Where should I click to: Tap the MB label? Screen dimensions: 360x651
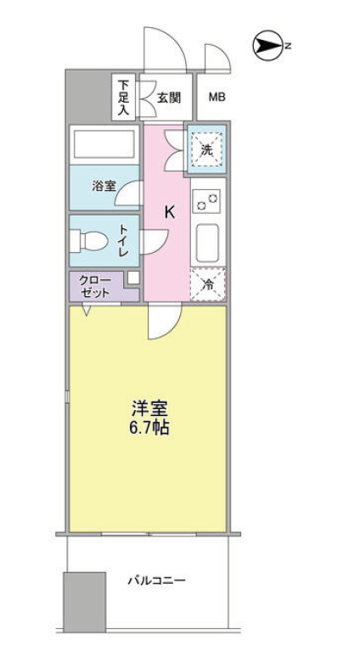(217, 98)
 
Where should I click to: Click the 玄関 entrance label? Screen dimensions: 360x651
(169, 98)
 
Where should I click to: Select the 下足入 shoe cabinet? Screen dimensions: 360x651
(123, 97)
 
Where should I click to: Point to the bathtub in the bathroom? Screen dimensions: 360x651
(104, 144)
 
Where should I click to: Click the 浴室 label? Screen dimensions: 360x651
(104, 187)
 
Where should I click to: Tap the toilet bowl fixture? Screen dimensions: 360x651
(89, 240)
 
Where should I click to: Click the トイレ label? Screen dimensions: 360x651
(124, 240)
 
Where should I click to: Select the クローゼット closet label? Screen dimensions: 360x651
(95, 287)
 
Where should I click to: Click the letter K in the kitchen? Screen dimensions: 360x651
(170, 212)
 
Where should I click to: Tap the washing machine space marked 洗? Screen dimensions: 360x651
(206, 149)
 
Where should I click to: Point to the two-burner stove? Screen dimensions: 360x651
(207, 202)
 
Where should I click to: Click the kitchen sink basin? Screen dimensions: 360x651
(207, 244)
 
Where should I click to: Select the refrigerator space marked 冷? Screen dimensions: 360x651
(208, 284)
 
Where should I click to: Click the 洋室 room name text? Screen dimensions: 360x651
(149, 409)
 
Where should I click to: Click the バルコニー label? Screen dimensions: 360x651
(156, 580)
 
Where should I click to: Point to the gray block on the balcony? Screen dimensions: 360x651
(84, 602)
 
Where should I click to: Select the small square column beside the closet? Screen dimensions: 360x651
(133, 278)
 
